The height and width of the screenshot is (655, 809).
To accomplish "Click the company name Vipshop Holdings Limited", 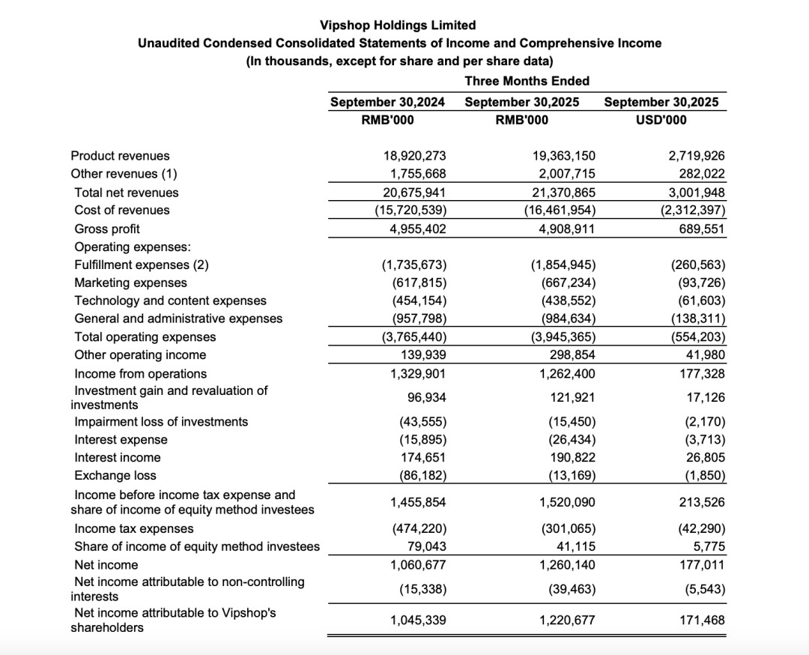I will [x=398, y=25].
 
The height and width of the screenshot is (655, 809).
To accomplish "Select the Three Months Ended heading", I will [x=527, y=81].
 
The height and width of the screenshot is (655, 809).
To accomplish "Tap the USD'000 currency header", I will [x=661, y=120].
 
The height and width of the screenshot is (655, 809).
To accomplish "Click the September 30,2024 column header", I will [x=388, y=102].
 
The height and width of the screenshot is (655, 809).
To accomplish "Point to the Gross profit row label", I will [x=107, y=229].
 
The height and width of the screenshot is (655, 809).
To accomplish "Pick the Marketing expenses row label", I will [x=131, y=283].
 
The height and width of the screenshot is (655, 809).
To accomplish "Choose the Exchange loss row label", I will [x=115, y=475].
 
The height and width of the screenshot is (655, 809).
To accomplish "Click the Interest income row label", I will [x=118, y=457].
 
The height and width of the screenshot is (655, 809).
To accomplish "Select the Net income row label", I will [x=106, y=564].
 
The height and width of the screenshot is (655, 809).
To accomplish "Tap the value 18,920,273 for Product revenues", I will [x=414, y=156].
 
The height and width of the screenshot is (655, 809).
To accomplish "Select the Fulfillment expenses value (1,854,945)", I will [x=563, y=265].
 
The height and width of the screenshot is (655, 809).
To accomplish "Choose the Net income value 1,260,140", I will [x=567, y=564].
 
